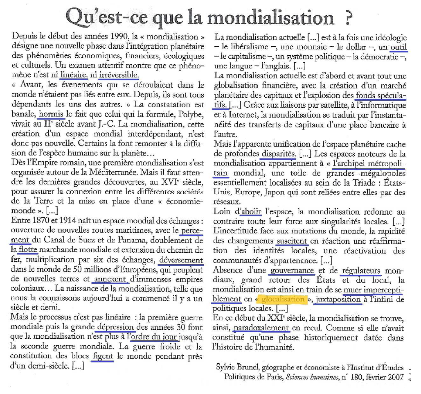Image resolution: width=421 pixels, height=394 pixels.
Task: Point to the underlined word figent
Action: coord(103,356)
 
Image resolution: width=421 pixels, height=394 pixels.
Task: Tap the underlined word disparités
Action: coord(279,154)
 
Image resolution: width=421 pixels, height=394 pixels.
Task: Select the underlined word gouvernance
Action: coord(292,270)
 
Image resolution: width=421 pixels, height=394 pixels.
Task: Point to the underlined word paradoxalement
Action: coord(262,328)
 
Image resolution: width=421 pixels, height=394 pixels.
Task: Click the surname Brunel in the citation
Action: coord(249,367)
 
